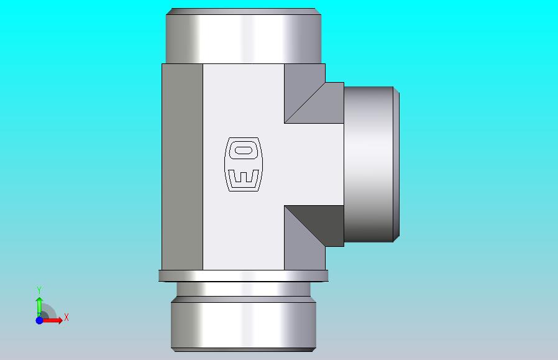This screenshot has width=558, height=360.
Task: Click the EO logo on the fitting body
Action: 244,164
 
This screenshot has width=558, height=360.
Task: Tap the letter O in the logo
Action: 243,150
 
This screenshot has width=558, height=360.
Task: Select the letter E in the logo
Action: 244,177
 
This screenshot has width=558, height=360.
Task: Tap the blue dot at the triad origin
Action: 39,320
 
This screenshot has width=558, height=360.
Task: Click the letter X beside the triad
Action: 66,317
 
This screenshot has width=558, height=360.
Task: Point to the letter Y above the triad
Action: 39,290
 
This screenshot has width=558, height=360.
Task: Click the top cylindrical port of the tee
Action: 244,36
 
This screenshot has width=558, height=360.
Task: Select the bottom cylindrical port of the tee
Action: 244,324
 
